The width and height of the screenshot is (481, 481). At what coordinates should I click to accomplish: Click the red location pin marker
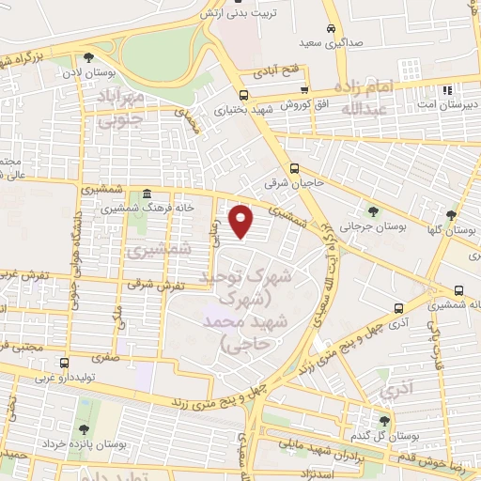[x=242, y=222]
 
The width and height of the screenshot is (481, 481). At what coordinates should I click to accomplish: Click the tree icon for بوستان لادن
[x=89, y=56]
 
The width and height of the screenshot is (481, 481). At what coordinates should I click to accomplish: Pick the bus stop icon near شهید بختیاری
[x=244, y=95]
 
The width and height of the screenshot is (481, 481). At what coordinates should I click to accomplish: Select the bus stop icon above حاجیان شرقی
[x=295, y=169]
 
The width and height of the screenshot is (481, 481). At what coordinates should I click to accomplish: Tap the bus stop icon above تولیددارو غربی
[x=64, y=363]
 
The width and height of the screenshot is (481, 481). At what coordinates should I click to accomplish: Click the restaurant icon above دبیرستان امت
[x=447, y=91]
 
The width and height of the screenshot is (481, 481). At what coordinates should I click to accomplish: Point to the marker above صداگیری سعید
[x=329, y=27]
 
